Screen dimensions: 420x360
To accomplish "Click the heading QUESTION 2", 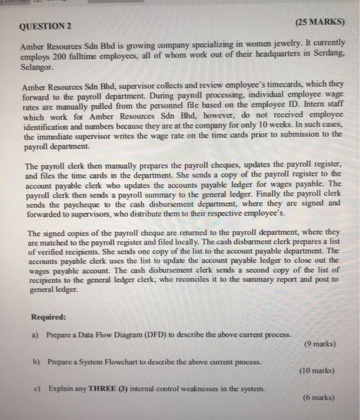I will pos(46,26).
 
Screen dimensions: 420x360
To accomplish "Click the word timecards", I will pos(253,87).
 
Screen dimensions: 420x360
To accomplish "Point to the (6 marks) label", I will pos(317,398).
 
